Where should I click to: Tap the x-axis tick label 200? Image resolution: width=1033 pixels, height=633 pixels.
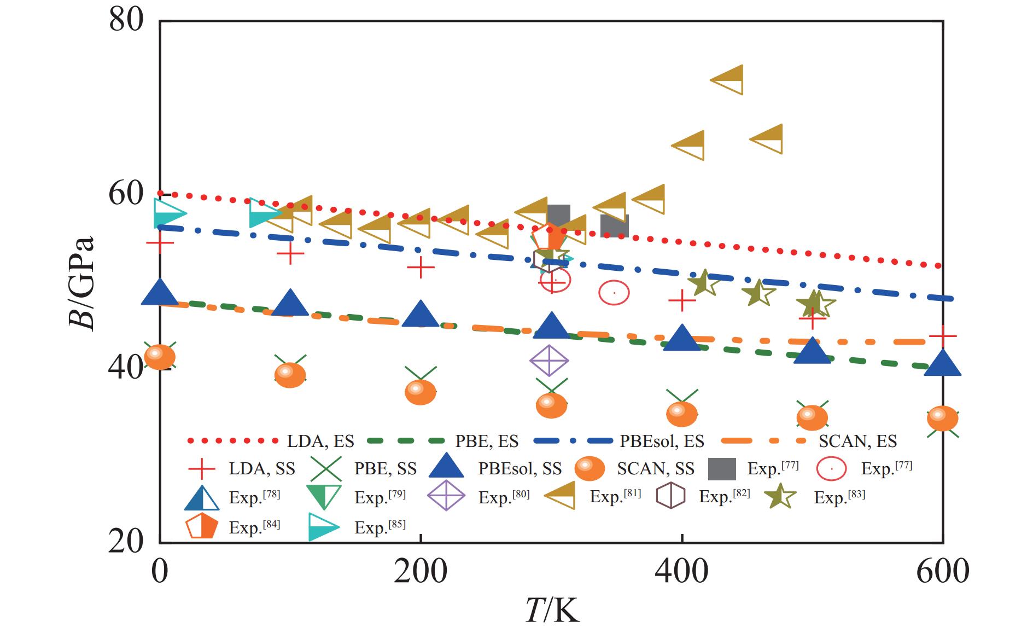coord(420,571)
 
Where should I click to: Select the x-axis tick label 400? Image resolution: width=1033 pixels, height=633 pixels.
coord(681,571)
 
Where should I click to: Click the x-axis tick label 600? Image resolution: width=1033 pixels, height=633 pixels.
coord(942,571)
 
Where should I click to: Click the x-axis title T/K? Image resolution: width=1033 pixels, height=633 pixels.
coord(551,611)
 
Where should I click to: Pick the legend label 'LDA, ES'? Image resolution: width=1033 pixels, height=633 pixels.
coord(320,441)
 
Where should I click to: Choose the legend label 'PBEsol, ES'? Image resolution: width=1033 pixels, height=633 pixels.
coord(662,441)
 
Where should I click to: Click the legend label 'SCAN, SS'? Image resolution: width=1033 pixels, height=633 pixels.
coord(656,469)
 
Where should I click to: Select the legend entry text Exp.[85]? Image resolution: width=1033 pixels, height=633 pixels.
coord(380,527)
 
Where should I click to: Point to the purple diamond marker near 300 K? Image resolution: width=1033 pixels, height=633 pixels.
coord(549,361)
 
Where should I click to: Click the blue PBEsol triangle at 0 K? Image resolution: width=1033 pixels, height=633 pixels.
coord(160,293)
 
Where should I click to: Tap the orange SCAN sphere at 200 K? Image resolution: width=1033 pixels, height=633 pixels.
coord(420,392)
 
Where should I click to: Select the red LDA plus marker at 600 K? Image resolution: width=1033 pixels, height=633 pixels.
coord(942,335)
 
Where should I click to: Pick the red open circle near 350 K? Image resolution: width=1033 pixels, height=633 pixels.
coord(614,293)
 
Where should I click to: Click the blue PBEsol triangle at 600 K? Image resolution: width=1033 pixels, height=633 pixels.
coord(942,363)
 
